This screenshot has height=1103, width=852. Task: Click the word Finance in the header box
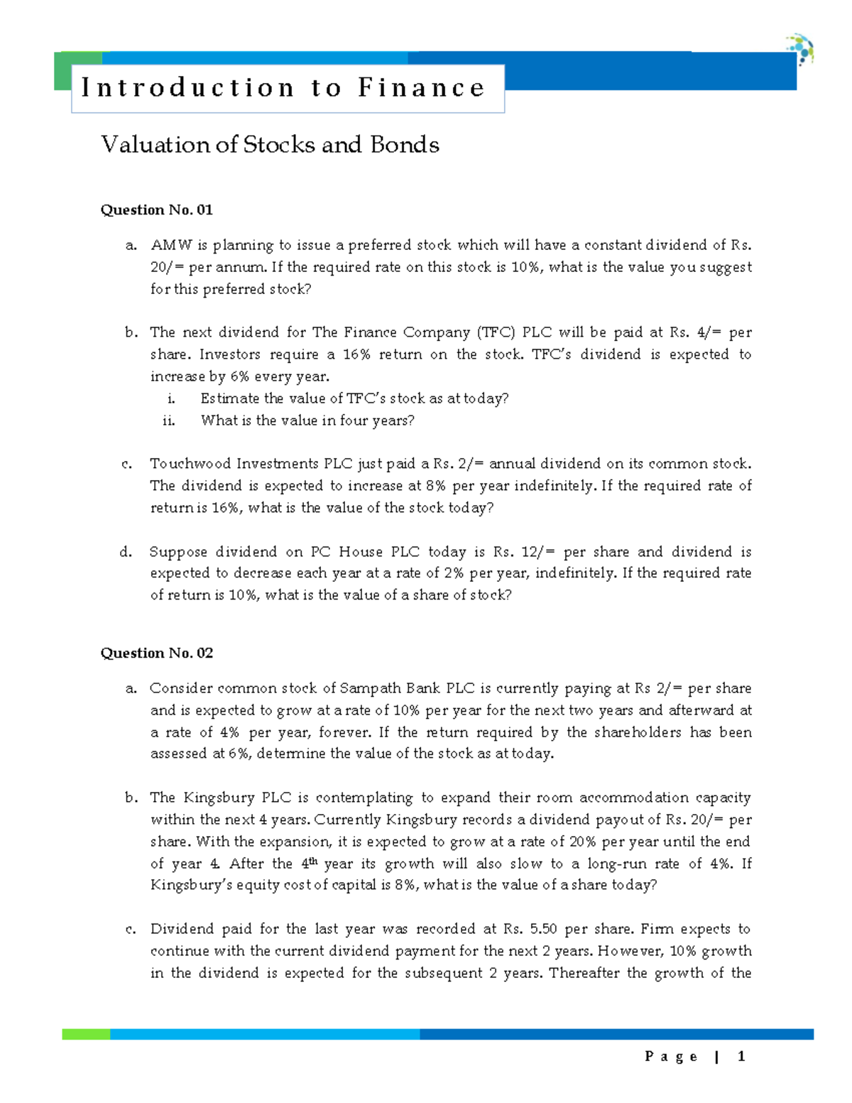point(421,88)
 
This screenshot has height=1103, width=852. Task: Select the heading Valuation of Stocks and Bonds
point(270,145)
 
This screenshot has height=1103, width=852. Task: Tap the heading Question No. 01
point(156,210)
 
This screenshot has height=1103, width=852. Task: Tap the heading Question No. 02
point(156,653)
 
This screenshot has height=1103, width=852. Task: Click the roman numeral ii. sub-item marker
point(168,420)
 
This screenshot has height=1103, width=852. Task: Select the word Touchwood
point(190,464)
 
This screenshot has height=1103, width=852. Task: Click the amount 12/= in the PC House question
point(538,552)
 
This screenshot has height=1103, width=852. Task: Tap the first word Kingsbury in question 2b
point(219,798)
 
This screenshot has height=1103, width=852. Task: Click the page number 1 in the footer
point(741,1057)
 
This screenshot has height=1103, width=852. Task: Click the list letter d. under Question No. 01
point(126,552)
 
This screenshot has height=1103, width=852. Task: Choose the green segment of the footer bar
point(86,1034)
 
